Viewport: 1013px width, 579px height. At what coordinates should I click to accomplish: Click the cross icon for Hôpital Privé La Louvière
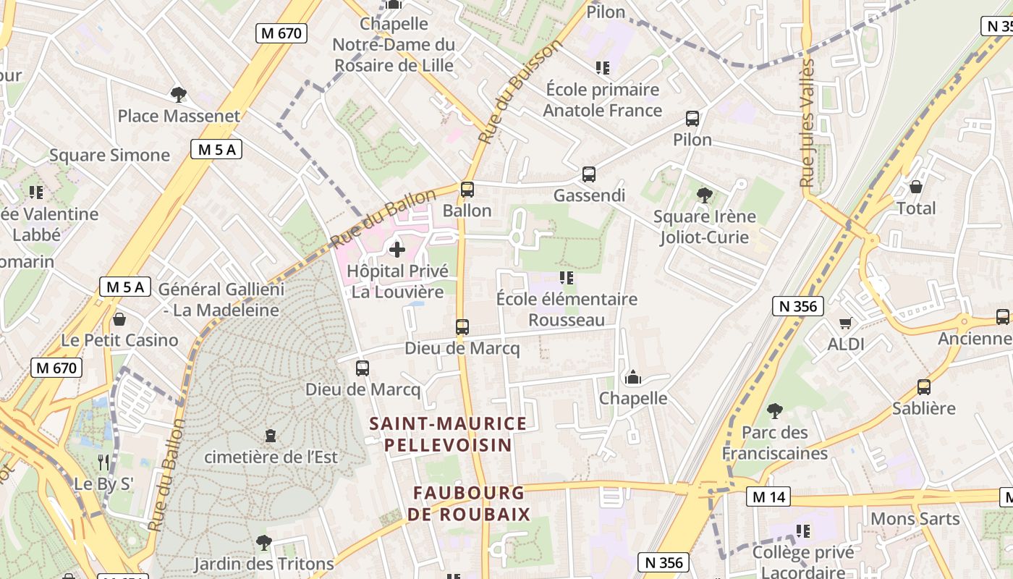click(x=397, y=250)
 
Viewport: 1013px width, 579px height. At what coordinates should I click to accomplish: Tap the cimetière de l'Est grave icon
click(x=271, y=436)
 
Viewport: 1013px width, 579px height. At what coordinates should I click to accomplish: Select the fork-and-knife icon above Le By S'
click(x=103, y=461)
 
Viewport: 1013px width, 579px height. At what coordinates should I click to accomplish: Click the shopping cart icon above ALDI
click(x=845, y=323)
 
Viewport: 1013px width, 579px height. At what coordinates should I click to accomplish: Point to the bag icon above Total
click(x=915, y=187)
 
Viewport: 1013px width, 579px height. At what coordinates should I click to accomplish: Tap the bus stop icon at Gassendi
click(x=588, y=174)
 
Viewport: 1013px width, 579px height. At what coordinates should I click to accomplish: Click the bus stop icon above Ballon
click(x=467, y=190)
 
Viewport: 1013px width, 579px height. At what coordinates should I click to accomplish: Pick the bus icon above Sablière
click(x=923, y=386)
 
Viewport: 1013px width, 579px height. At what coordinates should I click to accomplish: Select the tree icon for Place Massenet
click(x=178, y=94)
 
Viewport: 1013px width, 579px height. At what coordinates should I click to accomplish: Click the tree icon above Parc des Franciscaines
click(x=774, y=411)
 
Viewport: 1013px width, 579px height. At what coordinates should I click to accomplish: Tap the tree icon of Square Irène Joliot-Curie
click(x=704, y=195)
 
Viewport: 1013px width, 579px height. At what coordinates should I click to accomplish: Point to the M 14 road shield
click(x=768, y=497)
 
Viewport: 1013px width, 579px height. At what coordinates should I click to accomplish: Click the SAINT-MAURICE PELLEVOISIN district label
click(x=449, y=434)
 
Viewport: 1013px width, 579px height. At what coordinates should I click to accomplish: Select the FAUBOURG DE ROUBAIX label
click(x=469, y=504)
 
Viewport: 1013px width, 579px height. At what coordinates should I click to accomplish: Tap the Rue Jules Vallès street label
click(x=808, y=123)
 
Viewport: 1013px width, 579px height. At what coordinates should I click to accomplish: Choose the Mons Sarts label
click(x=915, y=519)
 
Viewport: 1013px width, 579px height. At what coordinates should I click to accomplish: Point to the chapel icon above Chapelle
click(x=633, y=377)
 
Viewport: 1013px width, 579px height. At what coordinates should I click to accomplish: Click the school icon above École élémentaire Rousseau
click(x=567, y=277)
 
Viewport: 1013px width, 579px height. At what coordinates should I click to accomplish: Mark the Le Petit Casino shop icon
click(x=119, y=319)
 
